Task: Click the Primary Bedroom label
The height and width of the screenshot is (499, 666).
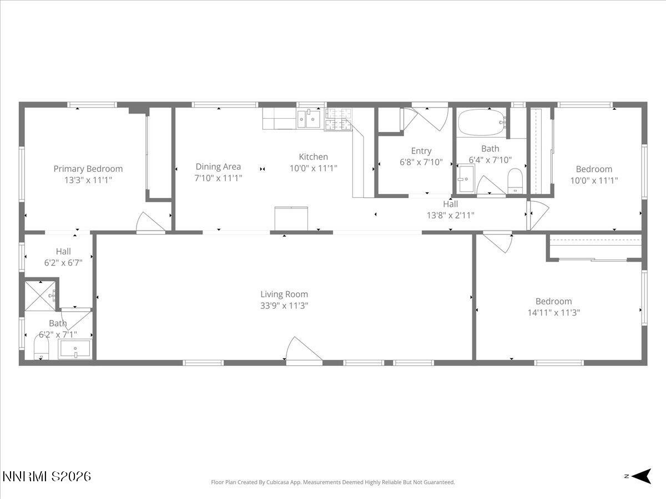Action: (88, 169)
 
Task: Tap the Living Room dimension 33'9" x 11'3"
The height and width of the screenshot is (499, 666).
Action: (284, 305)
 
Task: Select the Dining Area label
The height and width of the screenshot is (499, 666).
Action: (218, 166)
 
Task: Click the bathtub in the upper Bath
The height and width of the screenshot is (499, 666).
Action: (481, 122)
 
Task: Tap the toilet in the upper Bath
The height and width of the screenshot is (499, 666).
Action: (516, 181)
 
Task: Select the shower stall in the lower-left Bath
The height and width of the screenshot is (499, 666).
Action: (41, 296)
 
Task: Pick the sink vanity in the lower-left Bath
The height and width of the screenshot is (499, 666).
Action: (74, 349)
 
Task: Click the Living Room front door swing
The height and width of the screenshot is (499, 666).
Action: (302, 350)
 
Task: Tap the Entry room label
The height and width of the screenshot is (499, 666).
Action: (421, 151)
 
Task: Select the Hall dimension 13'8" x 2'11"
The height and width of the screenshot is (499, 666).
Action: (450, 215)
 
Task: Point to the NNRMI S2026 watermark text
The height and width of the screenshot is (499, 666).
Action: (47, 476)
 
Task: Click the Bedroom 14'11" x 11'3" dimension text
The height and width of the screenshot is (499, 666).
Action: (553, 312)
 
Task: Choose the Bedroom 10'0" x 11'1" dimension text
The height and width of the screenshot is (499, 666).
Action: (594, 180)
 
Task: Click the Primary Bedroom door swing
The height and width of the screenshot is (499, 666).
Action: (151, 222)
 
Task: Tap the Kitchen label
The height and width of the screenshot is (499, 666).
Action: (314, 157)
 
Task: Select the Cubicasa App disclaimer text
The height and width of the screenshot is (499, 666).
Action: (332, 482)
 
